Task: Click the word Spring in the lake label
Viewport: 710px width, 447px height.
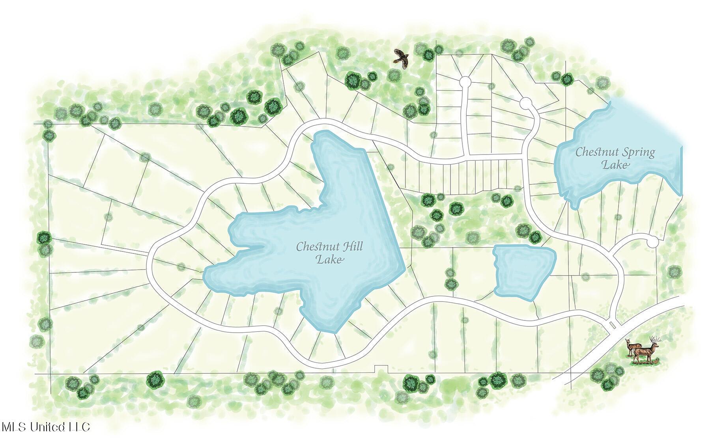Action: coord(639,153)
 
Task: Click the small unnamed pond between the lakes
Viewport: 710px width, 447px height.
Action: coord(524,272)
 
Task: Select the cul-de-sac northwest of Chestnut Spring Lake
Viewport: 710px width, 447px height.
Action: coord(525,103)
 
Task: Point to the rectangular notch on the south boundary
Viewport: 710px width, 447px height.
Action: coord(381,369)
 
